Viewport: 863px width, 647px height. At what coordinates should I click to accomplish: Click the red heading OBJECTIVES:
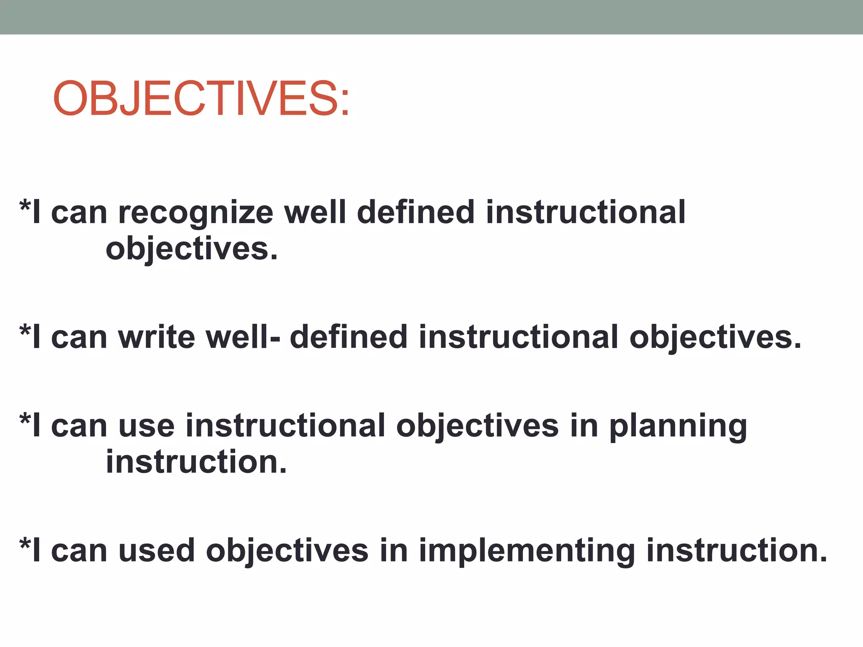(201, 99)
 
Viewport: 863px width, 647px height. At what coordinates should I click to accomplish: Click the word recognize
(196, 213)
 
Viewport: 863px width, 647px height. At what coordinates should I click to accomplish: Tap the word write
(156, 337)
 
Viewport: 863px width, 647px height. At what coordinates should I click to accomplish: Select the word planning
(678, 426)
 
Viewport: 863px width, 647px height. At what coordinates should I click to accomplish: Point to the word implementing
(527, 551)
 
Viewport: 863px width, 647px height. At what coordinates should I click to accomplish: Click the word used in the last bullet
(156, 551)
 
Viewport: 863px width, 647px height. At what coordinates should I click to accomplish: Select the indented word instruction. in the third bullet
(196, 462)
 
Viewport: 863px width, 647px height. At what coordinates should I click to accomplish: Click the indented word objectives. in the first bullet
(192, 249)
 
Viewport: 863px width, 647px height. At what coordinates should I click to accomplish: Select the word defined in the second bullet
(348, 337)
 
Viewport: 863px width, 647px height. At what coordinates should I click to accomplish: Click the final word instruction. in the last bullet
(737, 551)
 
